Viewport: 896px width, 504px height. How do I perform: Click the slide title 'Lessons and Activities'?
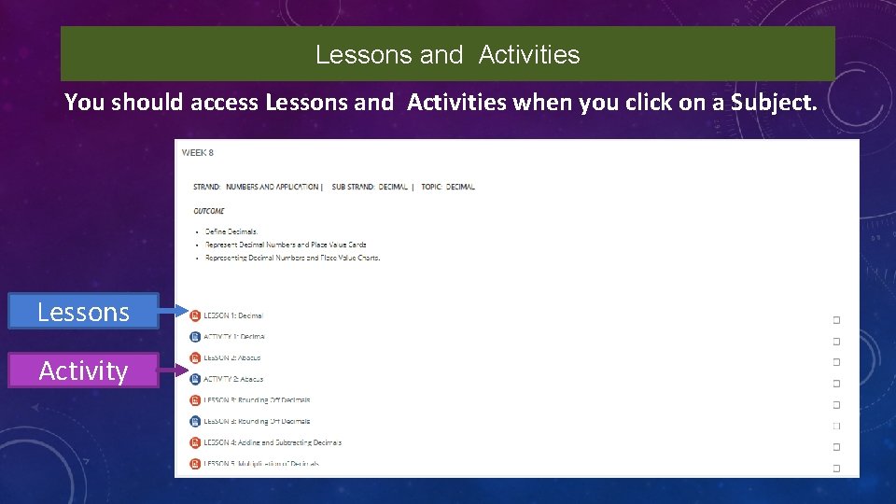point(447,55)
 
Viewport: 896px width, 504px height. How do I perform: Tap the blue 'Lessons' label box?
point(83,312)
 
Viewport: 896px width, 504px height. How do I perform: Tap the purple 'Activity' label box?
point(83,371)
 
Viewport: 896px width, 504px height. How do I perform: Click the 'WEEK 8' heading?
point(197,152)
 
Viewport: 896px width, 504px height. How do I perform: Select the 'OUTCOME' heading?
point(209,211)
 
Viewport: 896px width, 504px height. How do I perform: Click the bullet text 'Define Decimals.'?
point(231,231)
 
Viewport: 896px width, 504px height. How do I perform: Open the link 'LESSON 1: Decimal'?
point(233,315)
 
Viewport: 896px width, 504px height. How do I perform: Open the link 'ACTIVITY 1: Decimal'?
point(233,337)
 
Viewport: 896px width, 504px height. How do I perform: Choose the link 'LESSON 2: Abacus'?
point(231,357)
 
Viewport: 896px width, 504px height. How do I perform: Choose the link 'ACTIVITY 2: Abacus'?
point(233,379)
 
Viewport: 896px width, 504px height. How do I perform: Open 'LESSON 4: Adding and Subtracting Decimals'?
point(272,442)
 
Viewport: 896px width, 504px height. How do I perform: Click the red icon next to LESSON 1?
point(195,315)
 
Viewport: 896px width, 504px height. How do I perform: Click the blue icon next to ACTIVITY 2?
point(195,379)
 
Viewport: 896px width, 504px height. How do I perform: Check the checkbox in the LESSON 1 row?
point(836,320)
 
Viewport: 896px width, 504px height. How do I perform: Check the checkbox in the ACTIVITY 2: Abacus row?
point(836,384)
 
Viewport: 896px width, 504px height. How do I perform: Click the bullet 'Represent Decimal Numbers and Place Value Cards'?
point(286,245)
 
